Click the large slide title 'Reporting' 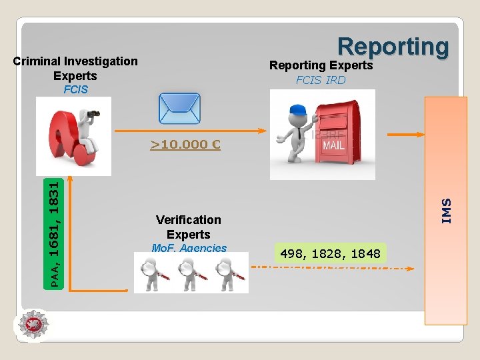pyautogui.click(x=393, y=47)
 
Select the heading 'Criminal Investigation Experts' pyautogui.click(x=75, y=68)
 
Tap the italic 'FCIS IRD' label pyautogui.click(x=321, y=80)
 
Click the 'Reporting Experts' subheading pyautogui.click(x=321, y=65)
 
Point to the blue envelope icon pyautogui.click(x=179, y=107)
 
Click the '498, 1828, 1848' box pyautogui.click(x=331, y=253)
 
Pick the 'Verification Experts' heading pyautogui.click(x=189, y=227)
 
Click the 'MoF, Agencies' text pyautogui.click(x=189, y=248)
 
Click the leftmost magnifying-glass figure pyautogui.click(x=152, y=273)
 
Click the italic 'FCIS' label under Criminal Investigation pyautogui.click(x=75, y=89)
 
